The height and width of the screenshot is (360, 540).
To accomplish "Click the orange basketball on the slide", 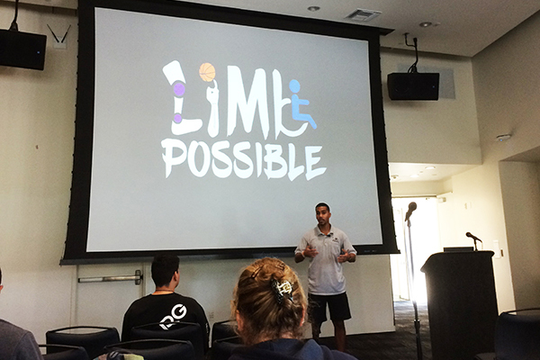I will [x=207, y=71].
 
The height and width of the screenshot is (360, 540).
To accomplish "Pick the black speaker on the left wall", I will [x=22, y=49].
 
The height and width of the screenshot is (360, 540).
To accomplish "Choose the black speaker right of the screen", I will [x=413, y=86].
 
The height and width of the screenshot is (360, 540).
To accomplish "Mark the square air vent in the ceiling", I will [x=362, y=15].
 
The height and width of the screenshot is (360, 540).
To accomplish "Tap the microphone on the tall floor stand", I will [x=410, y=211].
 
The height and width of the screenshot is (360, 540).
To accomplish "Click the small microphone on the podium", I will [x=472, y=238].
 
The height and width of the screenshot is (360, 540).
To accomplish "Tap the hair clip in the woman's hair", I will [x=284, y=290].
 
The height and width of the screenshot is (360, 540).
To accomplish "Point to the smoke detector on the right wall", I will [x=503, y=138].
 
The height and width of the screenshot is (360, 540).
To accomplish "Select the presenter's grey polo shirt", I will [x=326, y=260].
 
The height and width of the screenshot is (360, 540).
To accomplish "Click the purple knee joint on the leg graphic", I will [x=179, y=89].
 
